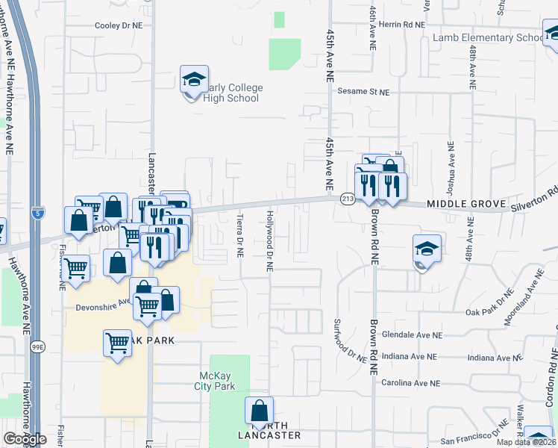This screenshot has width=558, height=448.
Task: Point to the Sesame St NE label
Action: [364, 93]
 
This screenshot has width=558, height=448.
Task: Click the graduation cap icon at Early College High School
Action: [193, 79]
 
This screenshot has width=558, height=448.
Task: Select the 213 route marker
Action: [348, 198]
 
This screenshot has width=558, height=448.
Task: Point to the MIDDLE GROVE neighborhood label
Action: [467, 204]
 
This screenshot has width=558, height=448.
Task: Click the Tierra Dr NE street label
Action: [239, 237]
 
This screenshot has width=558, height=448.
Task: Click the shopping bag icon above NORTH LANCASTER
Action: [259, 411]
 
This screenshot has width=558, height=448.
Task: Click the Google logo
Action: [25, 439]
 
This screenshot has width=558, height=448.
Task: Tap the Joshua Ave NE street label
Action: [451, 165]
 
